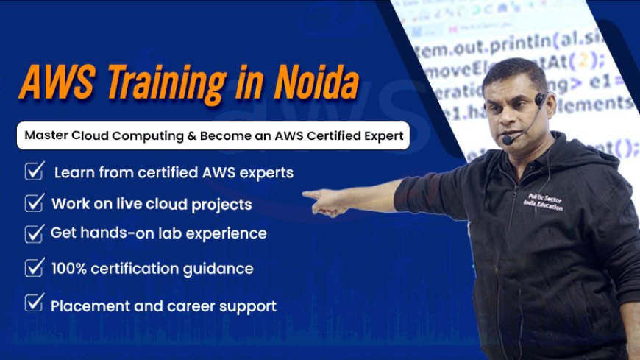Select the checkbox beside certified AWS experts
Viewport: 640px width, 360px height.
tap(34, 172)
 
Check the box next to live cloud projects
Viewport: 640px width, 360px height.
tap(34, 203)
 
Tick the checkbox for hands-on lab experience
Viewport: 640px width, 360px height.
tap(34, 233)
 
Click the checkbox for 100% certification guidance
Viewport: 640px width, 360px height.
tap(34, 268)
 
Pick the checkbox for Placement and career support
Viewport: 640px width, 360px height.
tap(34, 304)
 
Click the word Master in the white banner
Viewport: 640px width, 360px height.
tap(46, 136)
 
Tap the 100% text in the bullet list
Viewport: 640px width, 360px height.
tap(68, 269)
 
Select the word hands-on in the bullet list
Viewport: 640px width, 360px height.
tap(104, 233)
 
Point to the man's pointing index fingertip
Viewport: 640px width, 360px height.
tap(306, 195)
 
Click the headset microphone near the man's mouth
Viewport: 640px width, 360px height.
tap(508, 139)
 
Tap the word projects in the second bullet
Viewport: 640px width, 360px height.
tap(221, 204)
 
